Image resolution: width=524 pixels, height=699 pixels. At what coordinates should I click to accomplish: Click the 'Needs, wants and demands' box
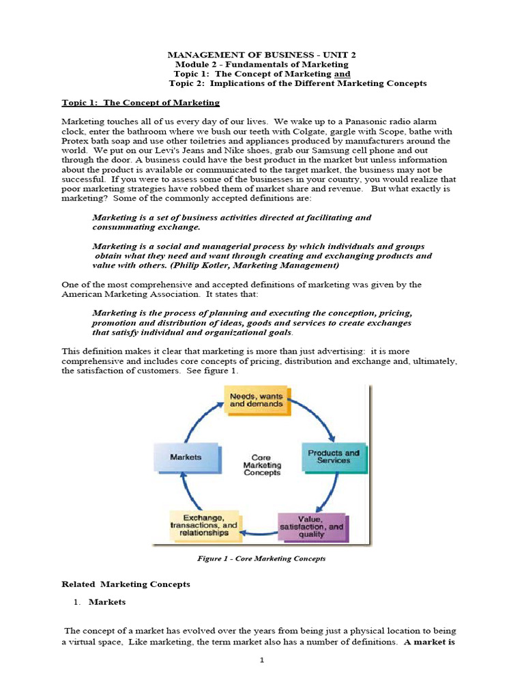tap(257, 400)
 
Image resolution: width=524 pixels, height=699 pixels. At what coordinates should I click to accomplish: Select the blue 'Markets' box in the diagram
tap(186, 457)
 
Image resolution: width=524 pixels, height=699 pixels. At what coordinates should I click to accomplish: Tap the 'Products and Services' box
tap(333, 457)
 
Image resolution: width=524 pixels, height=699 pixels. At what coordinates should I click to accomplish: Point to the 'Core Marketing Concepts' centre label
tap(261, 465)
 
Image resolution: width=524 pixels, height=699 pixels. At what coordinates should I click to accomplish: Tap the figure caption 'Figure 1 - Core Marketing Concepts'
tap(261, 558)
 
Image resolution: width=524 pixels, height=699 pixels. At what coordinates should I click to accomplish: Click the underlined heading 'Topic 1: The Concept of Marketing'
tap(141, 102)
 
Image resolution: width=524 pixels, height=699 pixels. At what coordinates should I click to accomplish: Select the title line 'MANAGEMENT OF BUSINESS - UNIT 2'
tap(261, 54)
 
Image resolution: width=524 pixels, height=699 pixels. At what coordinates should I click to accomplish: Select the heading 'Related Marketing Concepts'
tap(126, 584)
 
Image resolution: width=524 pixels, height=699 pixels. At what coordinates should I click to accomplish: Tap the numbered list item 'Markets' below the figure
tap(107, 602)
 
